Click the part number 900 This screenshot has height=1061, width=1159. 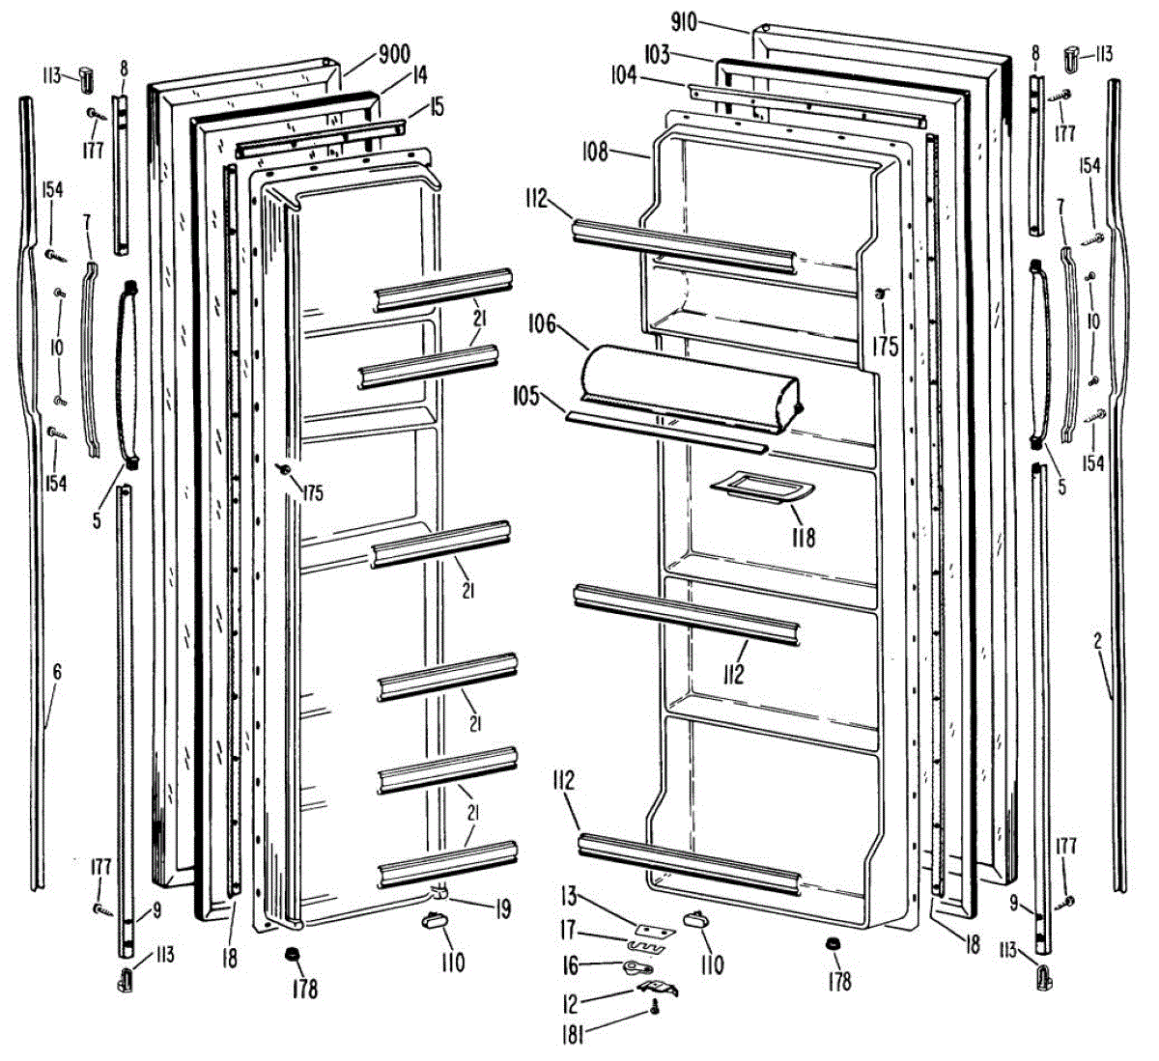(394, 55)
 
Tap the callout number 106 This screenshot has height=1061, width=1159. (543, 323)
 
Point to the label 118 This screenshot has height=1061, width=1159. (803, 536)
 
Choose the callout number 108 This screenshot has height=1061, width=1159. (595, 152)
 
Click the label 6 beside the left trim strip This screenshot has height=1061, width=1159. (57, 671)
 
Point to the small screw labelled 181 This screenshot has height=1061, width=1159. (655, 1009)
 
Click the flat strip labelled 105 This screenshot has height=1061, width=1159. (666, 432)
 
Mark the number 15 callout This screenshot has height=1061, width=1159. (437, 107)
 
